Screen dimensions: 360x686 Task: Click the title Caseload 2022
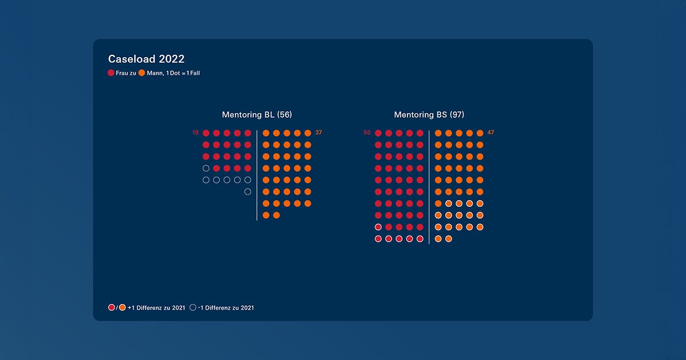[146, 59]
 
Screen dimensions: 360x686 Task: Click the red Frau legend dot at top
[111, 73]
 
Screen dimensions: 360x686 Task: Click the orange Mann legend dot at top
[142, 73]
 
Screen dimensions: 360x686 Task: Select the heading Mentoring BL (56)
[257, 115]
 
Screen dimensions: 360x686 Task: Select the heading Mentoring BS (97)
[429, 115]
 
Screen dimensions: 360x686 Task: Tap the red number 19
[195, 133]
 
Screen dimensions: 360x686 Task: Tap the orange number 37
[318, 133]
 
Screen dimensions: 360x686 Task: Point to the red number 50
[367, 133]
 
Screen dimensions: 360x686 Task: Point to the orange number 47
[490, 133]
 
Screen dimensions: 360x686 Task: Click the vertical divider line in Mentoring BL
[257, 174]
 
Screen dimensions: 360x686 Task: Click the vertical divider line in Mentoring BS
[429, 186]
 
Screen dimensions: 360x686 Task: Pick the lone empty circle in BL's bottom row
[248, 191]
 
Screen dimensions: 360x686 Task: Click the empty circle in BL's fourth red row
[206, 168]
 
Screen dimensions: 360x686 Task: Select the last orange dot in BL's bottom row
[277, 215]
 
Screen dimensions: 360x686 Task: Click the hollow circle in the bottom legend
[193, 307]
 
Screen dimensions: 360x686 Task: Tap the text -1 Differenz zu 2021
[226, 307]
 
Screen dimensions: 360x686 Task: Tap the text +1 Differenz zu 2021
[157, 307]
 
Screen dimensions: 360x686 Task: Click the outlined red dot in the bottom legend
[111, 307]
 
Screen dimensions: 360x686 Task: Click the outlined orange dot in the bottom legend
[122, 307]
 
